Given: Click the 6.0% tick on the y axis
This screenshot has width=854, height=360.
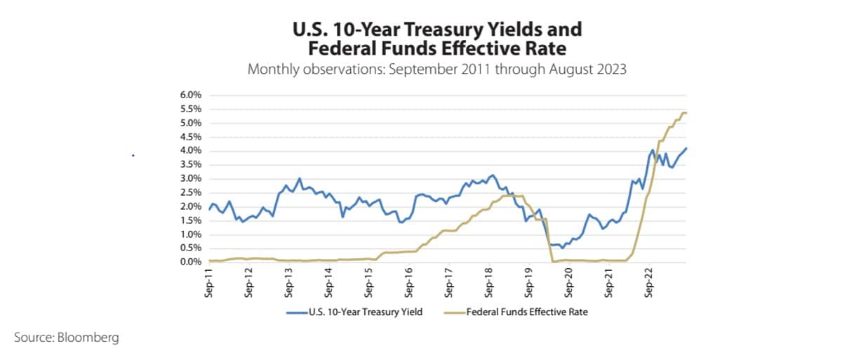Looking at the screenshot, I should coord(190,95).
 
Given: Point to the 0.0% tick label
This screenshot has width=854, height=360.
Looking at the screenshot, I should coord(190,262).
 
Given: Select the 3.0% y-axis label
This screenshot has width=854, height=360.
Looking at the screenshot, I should coord(190,178).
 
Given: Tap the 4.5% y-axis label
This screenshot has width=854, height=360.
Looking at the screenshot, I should coord(190,137).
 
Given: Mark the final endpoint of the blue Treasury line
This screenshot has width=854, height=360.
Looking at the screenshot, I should coord(686,148).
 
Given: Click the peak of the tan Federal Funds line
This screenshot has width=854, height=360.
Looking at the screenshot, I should coord(684,113).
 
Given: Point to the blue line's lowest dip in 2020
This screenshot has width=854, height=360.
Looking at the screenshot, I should coord(562,248).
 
